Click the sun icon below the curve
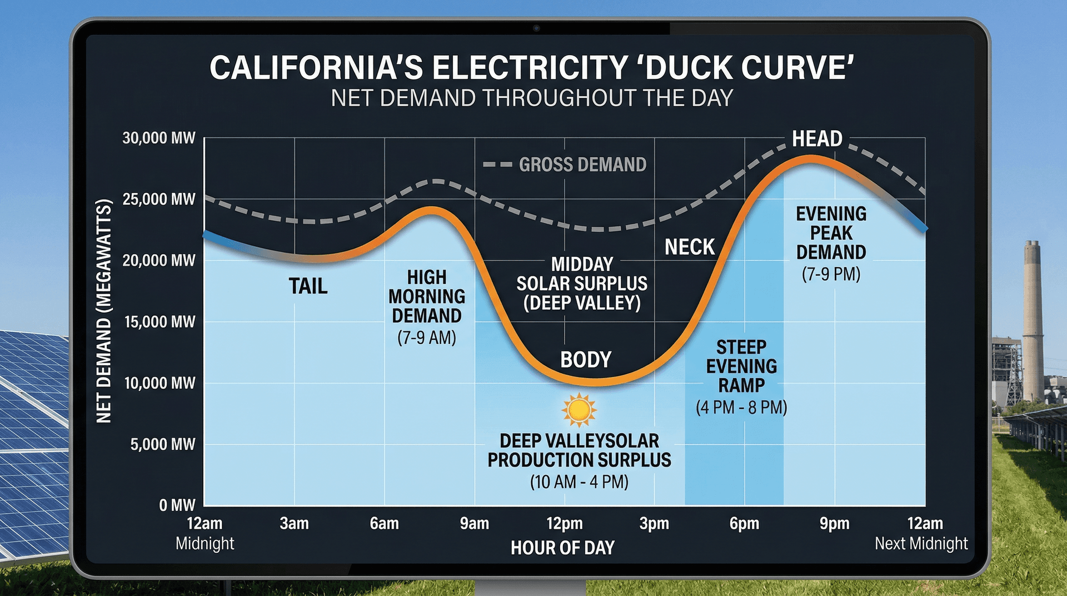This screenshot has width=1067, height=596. pos(579,410)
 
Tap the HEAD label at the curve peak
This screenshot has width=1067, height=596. pos(817,138)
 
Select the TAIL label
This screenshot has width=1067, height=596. pos(308,286)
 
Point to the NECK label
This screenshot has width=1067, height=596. pos(690,247)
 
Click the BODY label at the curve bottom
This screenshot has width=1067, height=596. pos(586,360)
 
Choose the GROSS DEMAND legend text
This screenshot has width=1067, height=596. pos(582,165)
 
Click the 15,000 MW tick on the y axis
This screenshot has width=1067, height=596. pos(159,322)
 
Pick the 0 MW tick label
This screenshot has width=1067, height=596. pos(177,505)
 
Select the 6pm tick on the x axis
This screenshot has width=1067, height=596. pos(744,524)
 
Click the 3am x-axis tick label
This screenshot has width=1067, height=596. pos(294,524)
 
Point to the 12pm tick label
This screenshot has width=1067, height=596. pos(564,524)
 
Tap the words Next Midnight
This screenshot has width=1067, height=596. pos(921,543)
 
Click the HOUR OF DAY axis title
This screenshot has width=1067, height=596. pos(562,548)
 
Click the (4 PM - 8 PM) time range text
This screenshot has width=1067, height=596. pos(741,408)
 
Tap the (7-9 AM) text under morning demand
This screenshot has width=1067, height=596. pos(426,337)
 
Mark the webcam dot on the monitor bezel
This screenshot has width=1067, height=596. pos(536,28)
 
